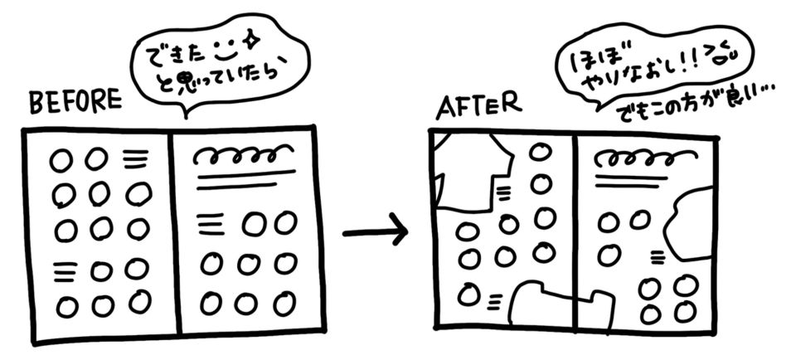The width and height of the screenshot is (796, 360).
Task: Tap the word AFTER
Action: (x=478, y=106)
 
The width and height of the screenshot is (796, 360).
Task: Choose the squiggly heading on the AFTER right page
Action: (x=643, y=157)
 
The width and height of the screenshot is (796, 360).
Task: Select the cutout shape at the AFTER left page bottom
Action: (x=543, y=307)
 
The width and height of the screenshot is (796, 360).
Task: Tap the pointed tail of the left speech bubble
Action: (x=186, y=115)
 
